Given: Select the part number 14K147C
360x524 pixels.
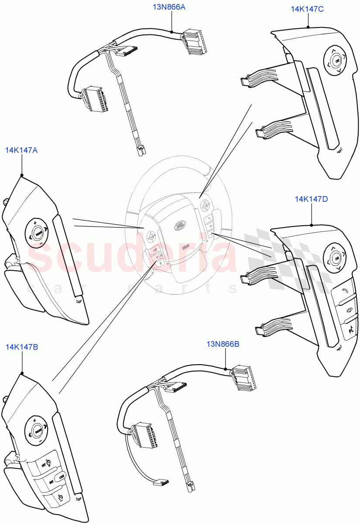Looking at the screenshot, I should (x=307, y=9).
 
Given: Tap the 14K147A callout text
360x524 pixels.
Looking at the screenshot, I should (x=21, y=150).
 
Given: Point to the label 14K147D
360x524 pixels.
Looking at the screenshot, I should (x=312, y=199).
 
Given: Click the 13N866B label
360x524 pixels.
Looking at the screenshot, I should (x=223, y=344).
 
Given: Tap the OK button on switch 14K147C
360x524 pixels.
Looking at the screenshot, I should (x=336, y=61).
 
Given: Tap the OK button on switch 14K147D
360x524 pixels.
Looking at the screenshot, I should (x=336, y=259).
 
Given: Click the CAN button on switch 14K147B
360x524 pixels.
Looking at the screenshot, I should (x=62, y=475).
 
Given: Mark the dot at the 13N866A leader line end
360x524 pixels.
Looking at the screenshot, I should (x=172, y=32).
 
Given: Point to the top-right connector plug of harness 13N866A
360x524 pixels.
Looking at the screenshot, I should (x=192, y=42).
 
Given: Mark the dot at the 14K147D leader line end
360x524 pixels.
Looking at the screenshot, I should (x=312, y=225).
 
